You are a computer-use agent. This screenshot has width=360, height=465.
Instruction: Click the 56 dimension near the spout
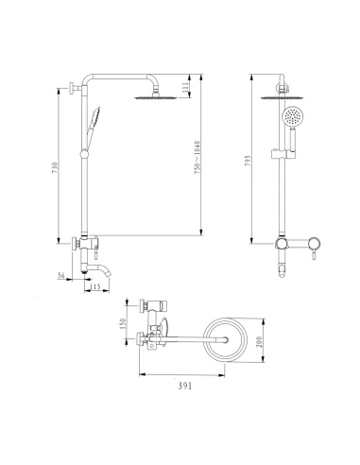61,275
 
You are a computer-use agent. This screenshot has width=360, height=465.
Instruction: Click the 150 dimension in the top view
121,322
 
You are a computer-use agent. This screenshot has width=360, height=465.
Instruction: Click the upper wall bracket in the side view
73,91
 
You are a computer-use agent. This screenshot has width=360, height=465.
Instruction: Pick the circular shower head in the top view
226,338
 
